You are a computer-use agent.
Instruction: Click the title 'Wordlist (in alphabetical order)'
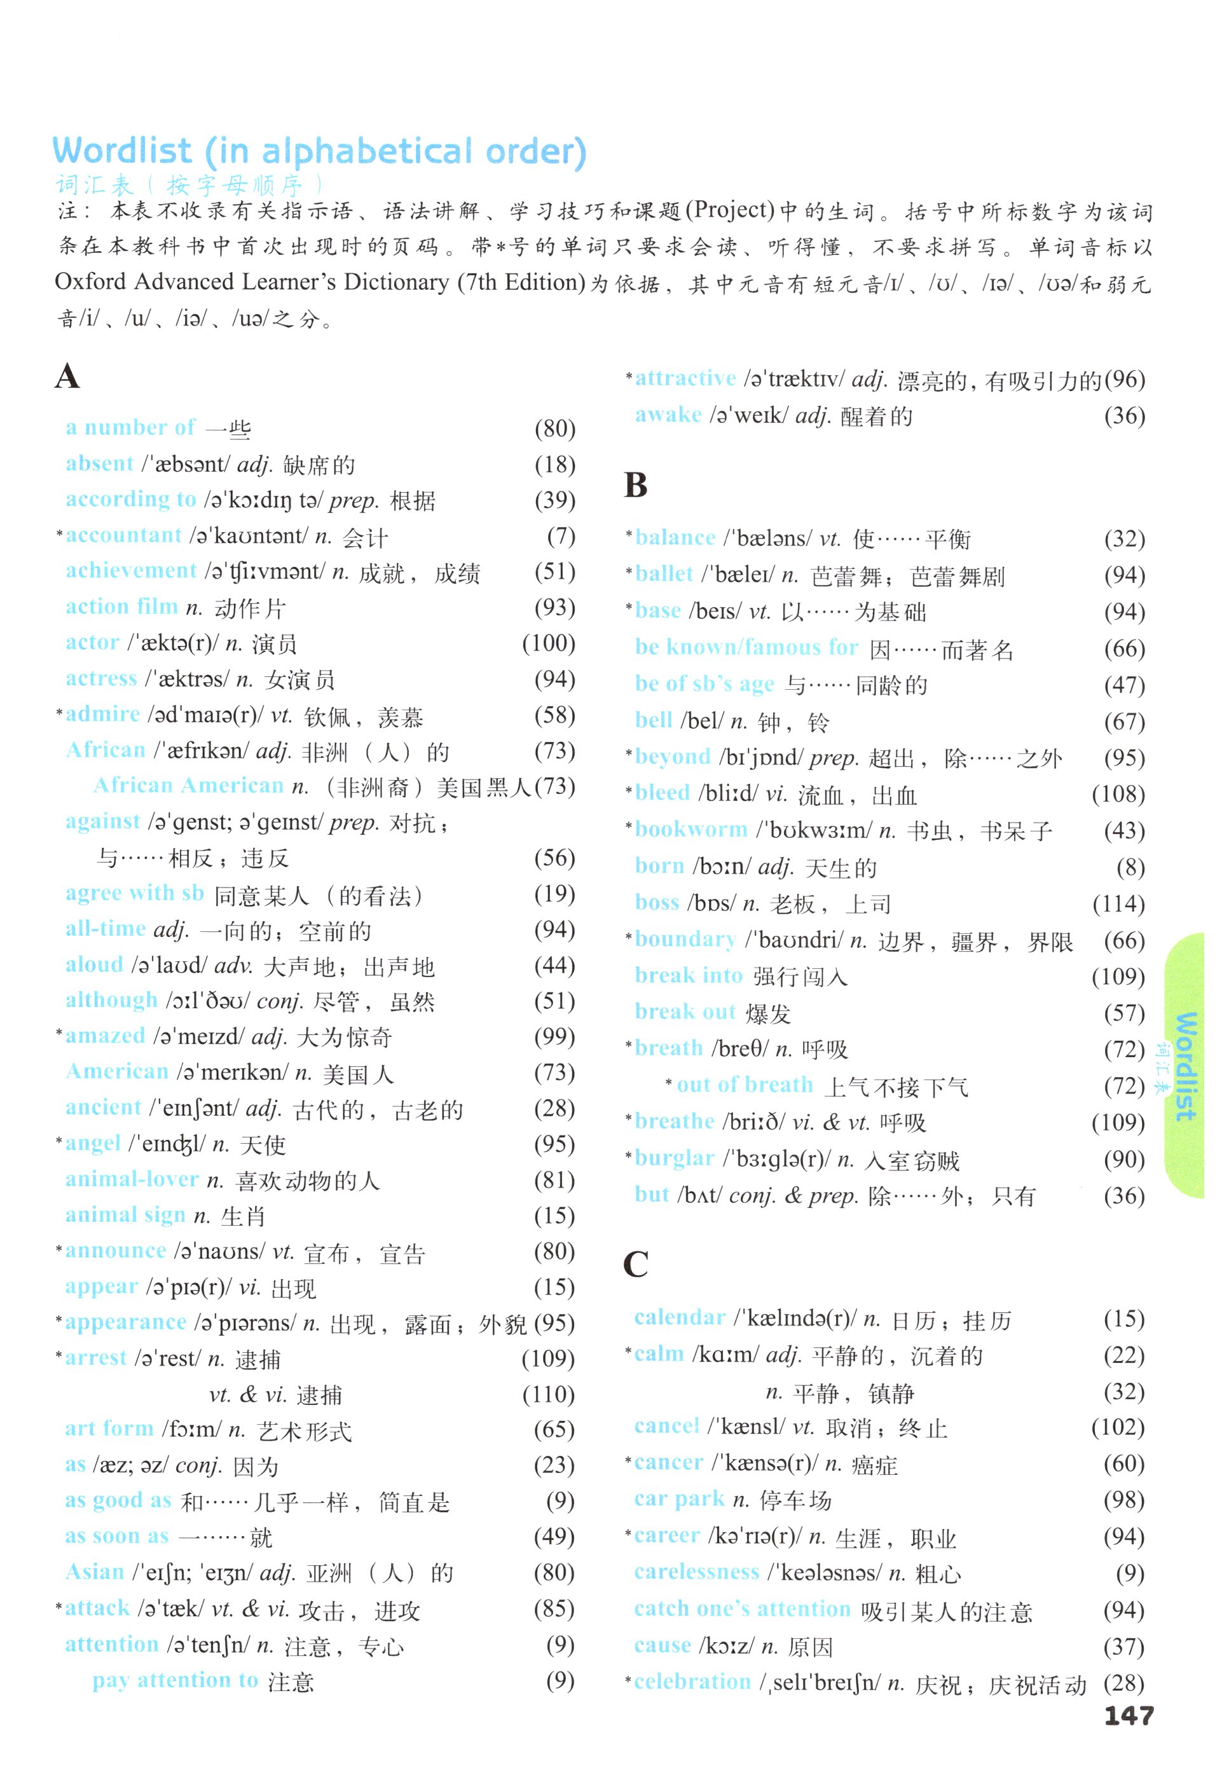click(x=318, y=151)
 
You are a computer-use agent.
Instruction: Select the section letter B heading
click(x=636, y=484)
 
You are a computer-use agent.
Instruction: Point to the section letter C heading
click(x=636, y=1265)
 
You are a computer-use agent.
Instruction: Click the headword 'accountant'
click(x=123, y=535)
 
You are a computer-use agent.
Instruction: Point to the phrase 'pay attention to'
click(x=175, y=1680)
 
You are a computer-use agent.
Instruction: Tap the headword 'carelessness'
click(x=696, y=1572)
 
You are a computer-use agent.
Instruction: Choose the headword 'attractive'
click(x=685, y=378)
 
